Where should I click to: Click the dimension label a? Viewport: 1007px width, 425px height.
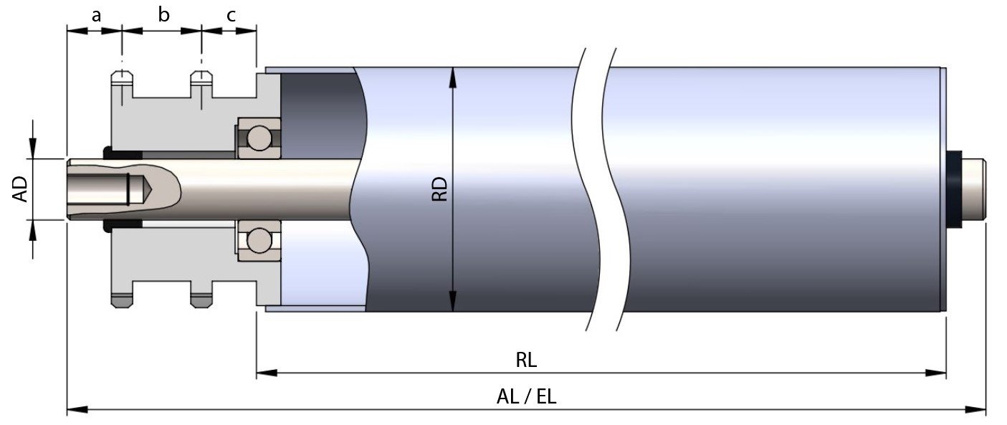click(x=95, y=14)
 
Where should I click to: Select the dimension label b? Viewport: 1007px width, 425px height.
click(x=164, y=14)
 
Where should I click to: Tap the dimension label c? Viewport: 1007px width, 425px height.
click(x=229, y=14)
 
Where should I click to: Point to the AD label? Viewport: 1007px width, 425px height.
click(x=22, y=189)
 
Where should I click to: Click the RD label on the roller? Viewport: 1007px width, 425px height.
click(x=439, y=189)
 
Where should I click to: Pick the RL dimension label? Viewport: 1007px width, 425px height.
click(x=527, y=359)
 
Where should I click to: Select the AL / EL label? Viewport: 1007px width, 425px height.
click(x=527, y=396)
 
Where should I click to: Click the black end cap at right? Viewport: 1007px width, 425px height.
click(x=954, y=189)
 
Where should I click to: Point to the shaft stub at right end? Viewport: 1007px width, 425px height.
click(x=975, y=189)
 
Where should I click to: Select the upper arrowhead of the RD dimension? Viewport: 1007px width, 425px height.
click(x=452, y=75)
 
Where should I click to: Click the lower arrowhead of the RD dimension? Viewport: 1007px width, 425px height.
click(x=452, y=302)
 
